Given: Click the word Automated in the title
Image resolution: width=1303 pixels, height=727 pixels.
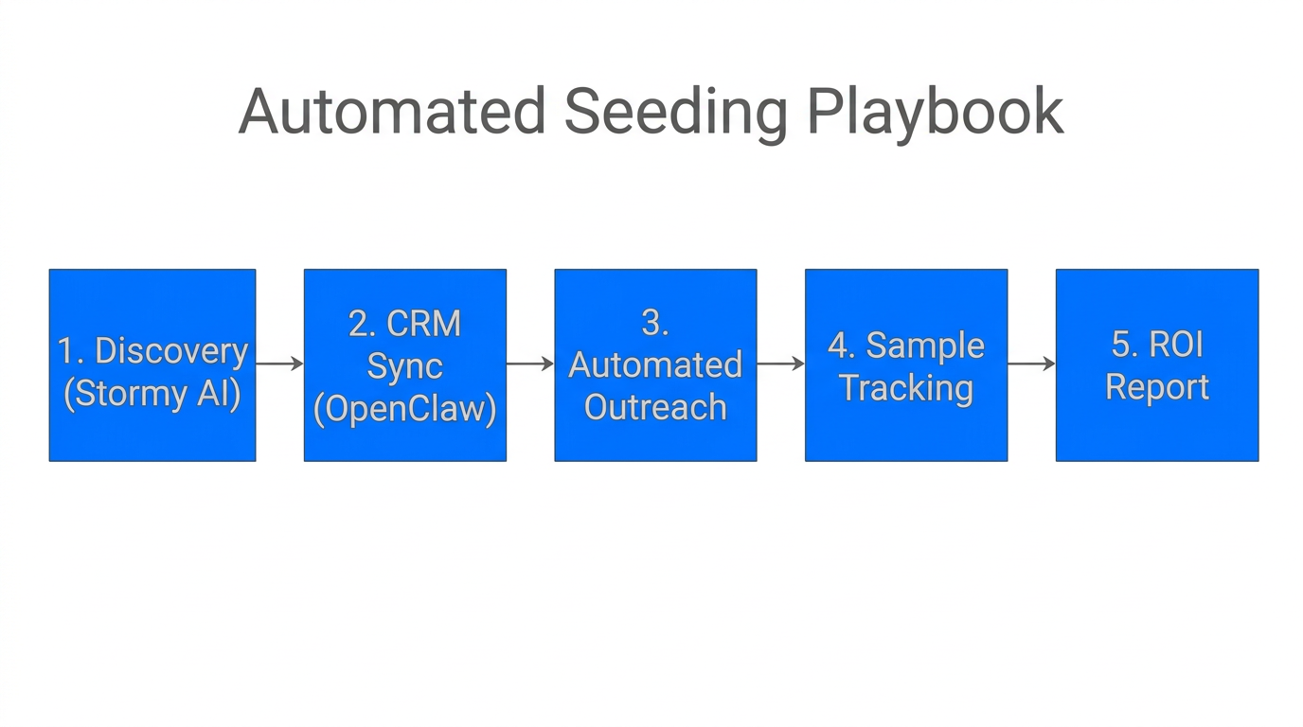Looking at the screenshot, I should coord(391,112).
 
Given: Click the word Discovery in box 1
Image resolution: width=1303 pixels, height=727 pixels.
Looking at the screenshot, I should coord(171,351).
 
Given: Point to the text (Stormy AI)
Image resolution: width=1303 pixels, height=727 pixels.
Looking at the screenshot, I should coord(152,393).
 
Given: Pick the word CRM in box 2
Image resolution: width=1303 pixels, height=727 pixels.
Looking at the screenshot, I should coord(425,324).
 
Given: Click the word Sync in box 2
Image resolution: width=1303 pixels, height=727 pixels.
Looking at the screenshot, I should coord(404,366).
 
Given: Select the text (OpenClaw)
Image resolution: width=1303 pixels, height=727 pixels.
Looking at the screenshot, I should coord(404,409).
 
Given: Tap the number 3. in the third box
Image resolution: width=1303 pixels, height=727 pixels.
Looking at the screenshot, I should coord(654,323).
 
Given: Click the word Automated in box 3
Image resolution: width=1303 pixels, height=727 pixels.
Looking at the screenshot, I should coord(654,365).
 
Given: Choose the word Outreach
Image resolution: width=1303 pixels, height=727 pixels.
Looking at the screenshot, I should coord(654,407).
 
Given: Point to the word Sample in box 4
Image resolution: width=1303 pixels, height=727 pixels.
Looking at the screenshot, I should coord(925,346).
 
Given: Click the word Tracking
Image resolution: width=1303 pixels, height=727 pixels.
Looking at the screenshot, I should coord(906,388).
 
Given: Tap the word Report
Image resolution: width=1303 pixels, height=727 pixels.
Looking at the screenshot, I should coord(1157,387).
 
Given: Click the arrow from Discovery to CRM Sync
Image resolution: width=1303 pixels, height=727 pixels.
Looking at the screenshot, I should coord(279,363).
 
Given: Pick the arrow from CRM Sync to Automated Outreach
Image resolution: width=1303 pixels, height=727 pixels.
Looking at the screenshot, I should coord(530,363).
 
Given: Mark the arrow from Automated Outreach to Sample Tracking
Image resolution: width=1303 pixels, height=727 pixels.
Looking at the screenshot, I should coord(780,363).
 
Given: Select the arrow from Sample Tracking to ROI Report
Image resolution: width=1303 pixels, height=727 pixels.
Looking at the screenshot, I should coord(1031,363).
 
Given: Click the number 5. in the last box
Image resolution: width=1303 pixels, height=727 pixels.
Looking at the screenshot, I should coord(1123,346).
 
